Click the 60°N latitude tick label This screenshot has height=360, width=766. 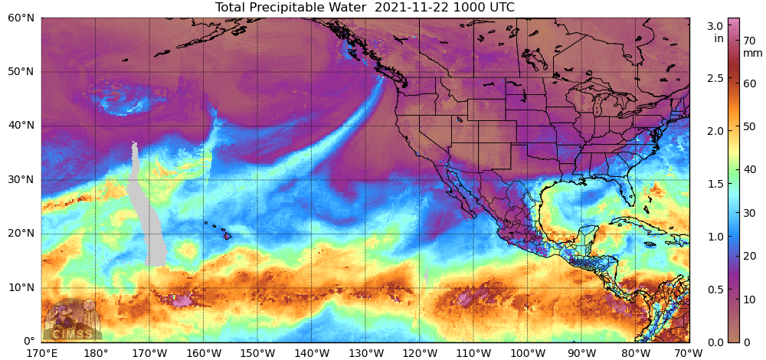21,18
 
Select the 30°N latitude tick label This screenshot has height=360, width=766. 21,180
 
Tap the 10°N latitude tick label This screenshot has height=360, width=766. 21,288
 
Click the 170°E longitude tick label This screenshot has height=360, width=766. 41,352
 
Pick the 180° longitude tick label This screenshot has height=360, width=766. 95,352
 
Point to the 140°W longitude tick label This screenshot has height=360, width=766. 311,352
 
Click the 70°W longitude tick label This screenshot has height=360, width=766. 689,352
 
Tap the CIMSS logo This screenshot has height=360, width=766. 70,321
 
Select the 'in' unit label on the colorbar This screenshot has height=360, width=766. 719,38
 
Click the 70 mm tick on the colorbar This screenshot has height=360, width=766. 750,41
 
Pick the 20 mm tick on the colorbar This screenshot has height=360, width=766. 750,256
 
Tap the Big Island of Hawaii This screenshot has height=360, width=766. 228,236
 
